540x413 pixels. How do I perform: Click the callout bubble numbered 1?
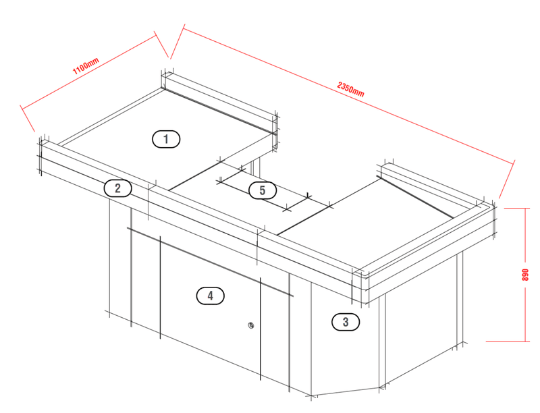click(166, 139)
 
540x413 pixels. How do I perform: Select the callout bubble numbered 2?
click(117, 188)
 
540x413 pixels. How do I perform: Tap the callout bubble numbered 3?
click(346, 322)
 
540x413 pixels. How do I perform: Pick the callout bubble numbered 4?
click(210, 296)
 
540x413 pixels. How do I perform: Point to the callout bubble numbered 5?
click(263, 190)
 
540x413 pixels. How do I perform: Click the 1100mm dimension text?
click(86, 65)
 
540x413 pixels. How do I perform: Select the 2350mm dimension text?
click(350, 90)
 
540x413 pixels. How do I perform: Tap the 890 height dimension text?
click(525, 275)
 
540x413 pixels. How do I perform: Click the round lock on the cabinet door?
click(251, 325)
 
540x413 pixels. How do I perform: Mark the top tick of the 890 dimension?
click(516, 209)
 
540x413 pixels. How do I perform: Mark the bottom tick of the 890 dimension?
click(508, 341)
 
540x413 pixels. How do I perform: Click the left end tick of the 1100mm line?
click(28, 118)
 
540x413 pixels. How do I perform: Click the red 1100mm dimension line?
click(89, 72)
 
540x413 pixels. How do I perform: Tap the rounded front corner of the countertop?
click(362, 285)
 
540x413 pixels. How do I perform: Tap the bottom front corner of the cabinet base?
click(312, 395)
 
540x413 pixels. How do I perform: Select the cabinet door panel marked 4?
click(210, 303)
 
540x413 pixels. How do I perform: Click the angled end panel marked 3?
click(346, 341)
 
